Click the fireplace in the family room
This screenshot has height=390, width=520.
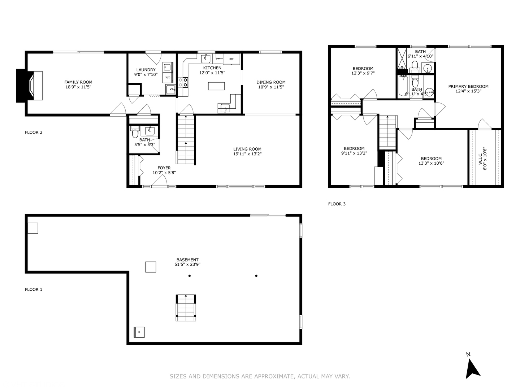tap(30, 86)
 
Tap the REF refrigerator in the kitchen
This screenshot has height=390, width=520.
tap(231, 59)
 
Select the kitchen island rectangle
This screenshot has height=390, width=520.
tap(216, 86)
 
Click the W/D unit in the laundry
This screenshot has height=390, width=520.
tap(168, 77)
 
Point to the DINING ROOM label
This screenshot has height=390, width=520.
tap(271, 82)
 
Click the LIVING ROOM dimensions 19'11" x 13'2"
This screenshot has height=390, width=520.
tap(247, 154)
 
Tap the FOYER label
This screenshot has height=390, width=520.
tap(164, 168)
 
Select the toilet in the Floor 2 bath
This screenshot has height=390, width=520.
tap(135, 132)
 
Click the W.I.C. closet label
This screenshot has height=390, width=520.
tap(480, 158)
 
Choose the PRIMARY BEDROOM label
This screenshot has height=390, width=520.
tap(468, 86)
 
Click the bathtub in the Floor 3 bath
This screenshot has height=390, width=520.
tap(403, 86)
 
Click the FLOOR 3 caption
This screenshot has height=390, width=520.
tap(337, 204)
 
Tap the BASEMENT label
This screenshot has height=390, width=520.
tap(187, 260)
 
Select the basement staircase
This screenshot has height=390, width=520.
tap(186, 308)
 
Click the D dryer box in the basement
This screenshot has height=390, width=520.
tap(139, 332)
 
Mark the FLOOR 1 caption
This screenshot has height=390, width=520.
tap(34, 289)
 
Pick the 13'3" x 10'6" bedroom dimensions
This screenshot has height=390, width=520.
tap(431, 163)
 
